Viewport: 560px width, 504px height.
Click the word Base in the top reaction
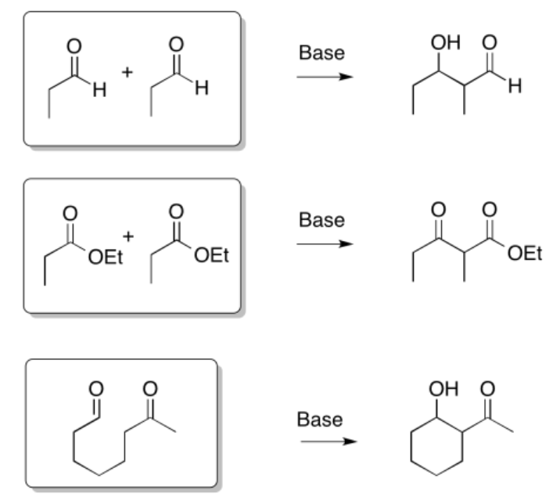pyautogui.click(x=321, y=53)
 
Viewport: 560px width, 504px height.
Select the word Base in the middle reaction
pyautogui.click(x=321, y=220)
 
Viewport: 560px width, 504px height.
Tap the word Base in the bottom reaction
pyautogui.click(x=320, y=419)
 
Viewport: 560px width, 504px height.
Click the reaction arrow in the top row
pyautogui.click(x=325, y=77)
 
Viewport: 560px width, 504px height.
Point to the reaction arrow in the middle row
pyautogui.click(x=325, y=243)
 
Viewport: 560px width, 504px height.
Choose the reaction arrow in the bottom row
pyautogui.click(x=328, y=441)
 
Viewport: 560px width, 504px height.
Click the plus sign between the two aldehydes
pyautogui.click(x=127, y=73)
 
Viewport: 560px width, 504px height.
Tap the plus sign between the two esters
pyautogui.click(x=128, y=236)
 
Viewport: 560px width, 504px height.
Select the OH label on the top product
pyautogui.click(x=446, y=42)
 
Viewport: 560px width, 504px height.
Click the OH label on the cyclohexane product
pyautogui.click(x=443, y=388)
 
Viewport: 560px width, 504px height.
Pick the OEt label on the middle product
pyautogui.click(x=525, y=254)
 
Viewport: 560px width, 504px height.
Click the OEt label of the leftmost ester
pyautogui.click(x=106, y=257)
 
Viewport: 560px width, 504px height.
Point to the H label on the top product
pyautogui.click(x=515, y=86)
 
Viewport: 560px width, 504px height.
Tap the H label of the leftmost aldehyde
pyautogui.click(x=99, y=90)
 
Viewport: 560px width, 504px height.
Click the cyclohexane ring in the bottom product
pyautogui.click(x=436, y=446)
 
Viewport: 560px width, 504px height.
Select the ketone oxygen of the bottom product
pyautogui.click(x=488, y=388)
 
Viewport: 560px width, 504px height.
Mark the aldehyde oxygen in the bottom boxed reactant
pyautogui.click(x=95, y=388)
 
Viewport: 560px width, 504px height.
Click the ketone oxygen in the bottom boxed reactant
pyautogui.click(x=150, y=388)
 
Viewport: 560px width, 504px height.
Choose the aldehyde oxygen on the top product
pyautogui.click(x=490, y=42)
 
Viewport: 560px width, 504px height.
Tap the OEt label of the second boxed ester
pyautogui.click(x=211, y=256)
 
